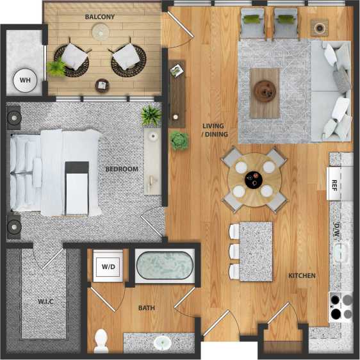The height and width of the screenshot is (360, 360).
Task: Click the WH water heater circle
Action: point(25,81)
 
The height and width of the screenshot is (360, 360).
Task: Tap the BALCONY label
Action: point(100,17)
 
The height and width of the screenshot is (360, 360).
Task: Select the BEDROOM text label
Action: point(122,169)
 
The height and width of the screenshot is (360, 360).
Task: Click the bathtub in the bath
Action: point(165,266)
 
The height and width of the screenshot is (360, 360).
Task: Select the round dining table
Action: point(254,179)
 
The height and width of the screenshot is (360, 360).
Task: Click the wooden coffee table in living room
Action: point(264,93)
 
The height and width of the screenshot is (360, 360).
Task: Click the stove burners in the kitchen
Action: point(341,306)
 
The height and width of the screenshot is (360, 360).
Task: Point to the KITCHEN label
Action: point(302,276)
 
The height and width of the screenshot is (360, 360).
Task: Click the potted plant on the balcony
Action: point(56,68)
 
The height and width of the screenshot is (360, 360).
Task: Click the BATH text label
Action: point(147,308)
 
